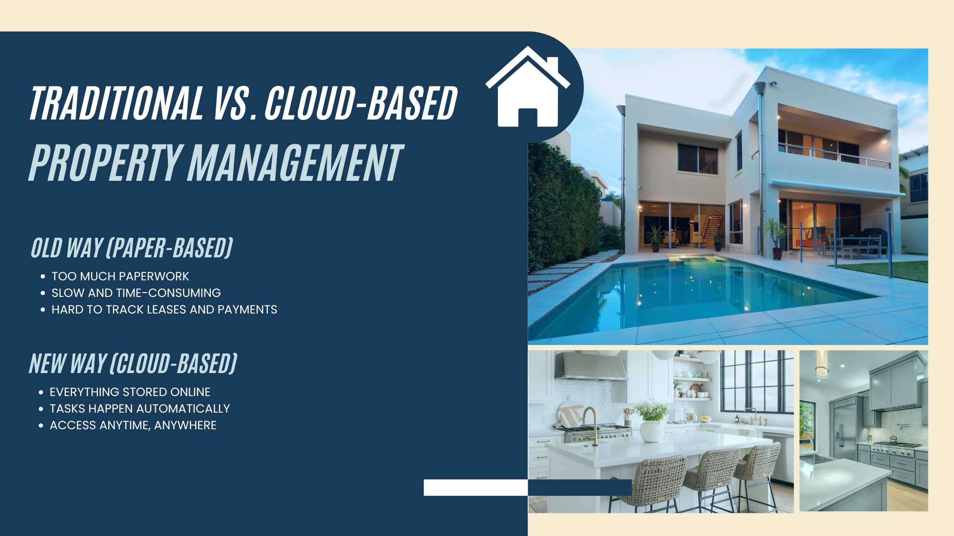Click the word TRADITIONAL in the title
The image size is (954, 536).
116,103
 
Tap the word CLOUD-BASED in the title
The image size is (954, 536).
361,103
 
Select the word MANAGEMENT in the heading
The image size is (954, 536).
295,163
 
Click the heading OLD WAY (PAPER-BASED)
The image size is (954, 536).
132,248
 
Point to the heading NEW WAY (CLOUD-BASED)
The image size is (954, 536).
133,364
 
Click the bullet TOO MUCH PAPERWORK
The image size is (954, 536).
120,277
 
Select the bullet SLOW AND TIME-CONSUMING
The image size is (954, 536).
136,293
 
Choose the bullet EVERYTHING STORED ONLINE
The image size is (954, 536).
130,392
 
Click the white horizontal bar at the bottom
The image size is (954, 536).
475,488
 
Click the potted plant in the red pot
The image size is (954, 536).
777,242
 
